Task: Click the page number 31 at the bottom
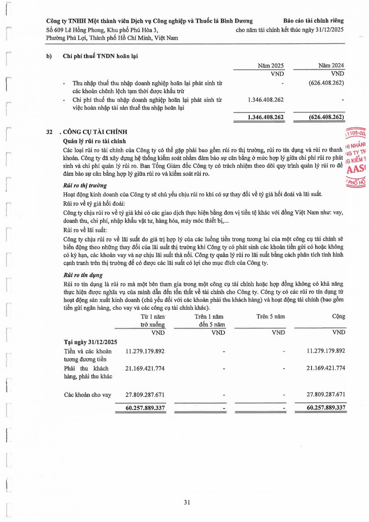(187, 502)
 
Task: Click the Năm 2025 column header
(271, 65)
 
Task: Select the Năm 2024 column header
(331, 65)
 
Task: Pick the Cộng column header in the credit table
(339, 316)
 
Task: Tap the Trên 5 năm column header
(271, 316)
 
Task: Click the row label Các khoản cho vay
(87, 395)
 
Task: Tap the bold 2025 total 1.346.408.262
(265, 117)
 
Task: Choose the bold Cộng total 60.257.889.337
(320, 408)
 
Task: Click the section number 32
(49, 132)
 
